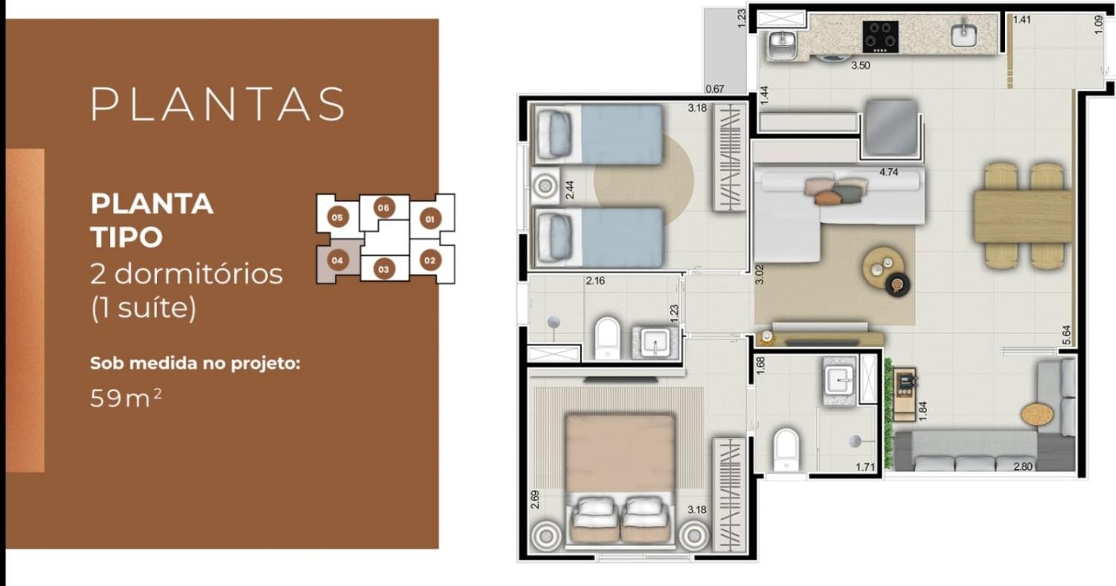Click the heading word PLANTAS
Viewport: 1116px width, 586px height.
click(218, 104)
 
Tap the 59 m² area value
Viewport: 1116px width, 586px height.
click(126, 398)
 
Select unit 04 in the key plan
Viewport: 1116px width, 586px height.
click(337, 260)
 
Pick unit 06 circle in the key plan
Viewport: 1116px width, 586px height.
click(383, 207)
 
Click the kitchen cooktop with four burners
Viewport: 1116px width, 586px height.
click(880, 36)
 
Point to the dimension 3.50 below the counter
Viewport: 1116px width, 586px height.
click(860, 65)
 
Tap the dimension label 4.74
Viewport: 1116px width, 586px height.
click(888, 173)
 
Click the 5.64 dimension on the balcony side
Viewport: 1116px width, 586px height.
click(1066, 335)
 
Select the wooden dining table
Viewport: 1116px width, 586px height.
click(1023, 216)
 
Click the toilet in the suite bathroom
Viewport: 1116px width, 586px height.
click(608, 338)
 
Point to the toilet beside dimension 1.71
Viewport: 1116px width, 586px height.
click(786, 450)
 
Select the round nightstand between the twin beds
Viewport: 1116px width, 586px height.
click(545, 186)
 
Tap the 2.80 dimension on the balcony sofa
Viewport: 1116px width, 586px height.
click(1022, 466)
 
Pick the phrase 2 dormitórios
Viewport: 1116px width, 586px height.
click(186, 274)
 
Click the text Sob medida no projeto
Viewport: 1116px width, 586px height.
click(195, 364)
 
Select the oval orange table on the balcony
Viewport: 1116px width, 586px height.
click(1037, 414)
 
